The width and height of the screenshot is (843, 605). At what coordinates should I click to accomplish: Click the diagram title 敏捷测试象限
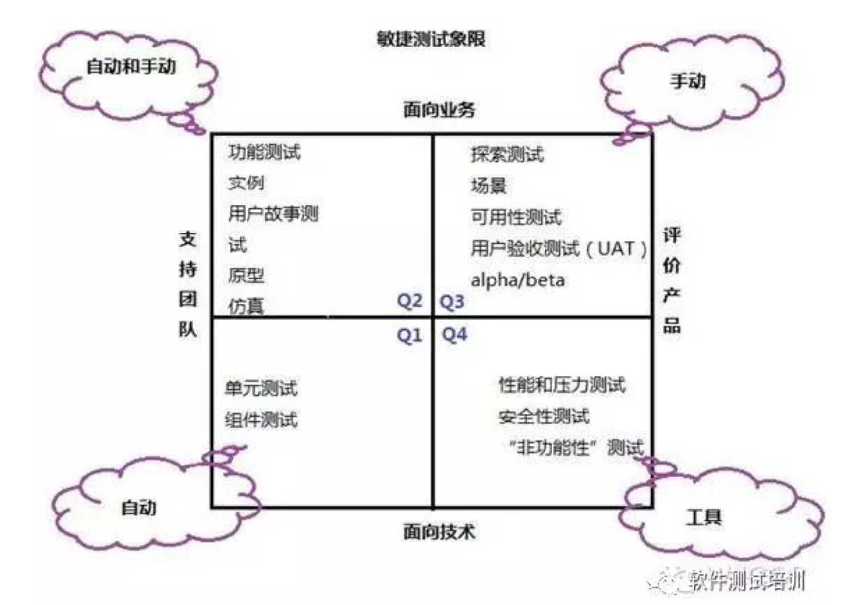click(x=431, y=39)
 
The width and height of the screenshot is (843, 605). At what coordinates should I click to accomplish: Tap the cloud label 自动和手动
click(x=131, y=66)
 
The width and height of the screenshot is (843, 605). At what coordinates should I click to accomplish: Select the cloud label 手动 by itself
click(x=688, y=81)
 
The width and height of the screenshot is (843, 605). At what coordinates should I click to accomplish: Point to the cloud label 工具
click(x=704, y=517)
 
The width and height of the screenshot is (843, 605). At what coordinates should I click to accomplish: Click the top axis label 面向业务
click(x=439, y=109)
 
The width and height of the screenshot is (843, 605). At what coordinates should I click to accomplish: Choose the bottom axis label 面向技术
click(x=439, y=532)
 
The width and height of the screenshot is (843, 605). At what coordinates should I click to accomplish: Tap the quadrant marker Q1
click(x=409, y=336)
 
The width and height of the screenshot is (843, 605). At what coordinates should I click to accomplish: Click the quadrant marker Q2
click(x=409, y=301)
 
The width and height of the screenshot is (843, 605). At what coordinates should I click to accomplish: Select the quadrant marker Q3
click(x=452, y=301)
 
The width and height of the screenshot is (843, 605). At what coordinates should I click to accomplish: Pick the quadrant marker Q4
click(x=454, y=335)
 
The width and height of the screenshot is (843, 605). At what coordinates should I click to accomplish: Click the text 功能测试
click(x=264, y=152)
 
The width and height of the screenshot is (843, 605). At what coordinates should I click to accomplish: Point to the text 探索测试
click(x=507, y=155)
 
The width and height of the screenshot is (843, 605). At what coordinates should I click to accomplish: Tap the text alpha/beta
click(x=518, y=280)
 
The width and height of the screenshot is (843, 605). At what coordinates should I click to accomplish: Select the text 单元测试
click(x=261, y=388)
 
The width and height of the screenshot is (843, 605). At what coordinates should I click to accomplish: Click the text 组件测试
click(x=261, y=420)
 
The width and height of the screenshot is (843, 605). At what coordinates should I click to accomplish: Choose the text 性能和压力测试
click(x=562, y=385)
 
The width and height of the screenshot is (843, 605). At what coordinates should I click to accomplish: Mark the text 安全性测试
click(x=544, y=417)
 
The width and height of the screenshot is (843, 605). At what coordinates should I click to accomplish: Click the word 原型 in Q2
click(x=246, y=276)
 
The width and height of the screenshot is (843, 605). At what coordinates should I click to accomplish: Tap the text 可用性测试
click(x=516, y=217)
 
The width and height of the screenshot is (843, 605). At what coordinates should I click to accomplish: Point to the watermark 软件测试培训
click(x=746, y=580)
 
